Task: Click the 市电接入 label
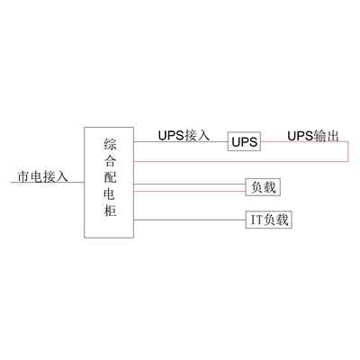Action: [x=43, y=176]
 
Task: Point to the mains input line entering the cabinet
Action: [x=48, y=182]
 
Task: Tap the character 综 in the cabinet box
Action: [x=110, y=144]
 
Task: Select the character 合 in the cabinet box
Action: [x=110, y=161]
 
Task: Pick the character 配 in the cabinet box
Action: [x=110, y=178]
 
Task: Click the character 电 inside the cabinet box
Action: [x=110, y=194]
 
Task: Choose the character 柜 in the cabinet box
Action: [x=110, y=211]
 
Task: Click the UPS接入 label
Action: [x=184, y=135]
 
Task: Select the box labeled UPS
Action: [x=244, y=141]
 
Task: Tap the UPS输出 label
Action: [x=313, y=136]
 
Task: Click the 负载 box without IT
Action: [x=263, y=187]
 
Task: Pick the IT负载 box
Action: [x=269, y=220]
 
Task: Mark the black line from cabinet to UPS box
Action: [x=181, y=141]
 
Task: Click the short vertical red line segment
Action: [x=348, y=151]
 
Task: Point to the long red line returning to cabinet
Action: [x=241, y=161]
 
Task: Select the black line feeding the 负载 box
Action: [x=189, y=184]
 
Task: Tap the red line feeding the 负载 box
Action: [x=189, y=191]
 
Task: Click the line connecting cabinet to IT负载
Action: [x=190, y=220]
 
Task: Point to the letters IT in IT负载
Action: [x=256, y=220]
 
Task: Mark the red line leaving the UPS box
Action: [x=304, y=141]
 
